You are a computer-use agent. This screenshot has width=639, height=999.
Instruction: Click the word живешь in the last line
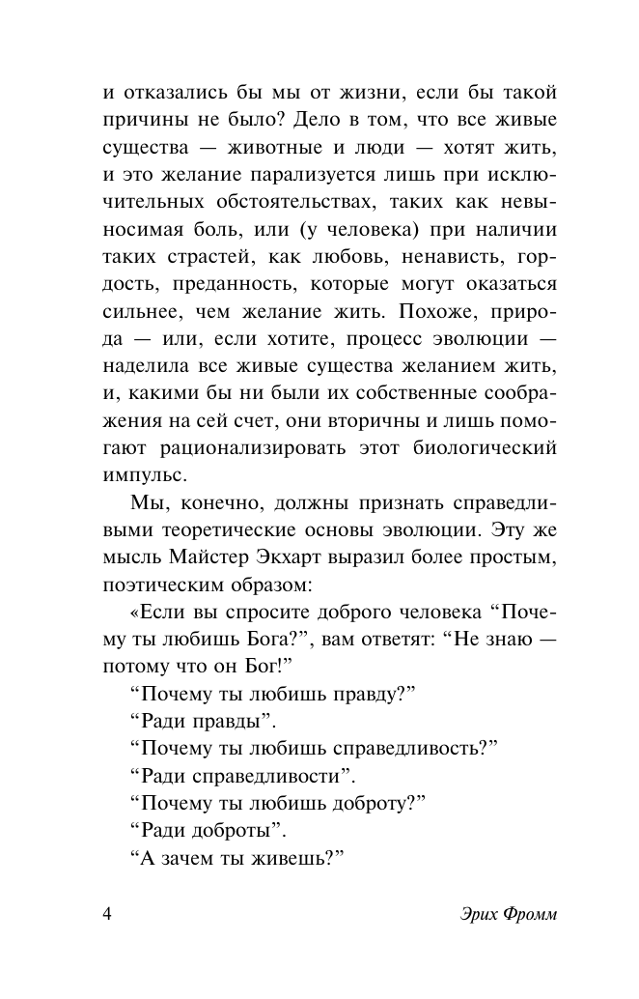289,858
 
